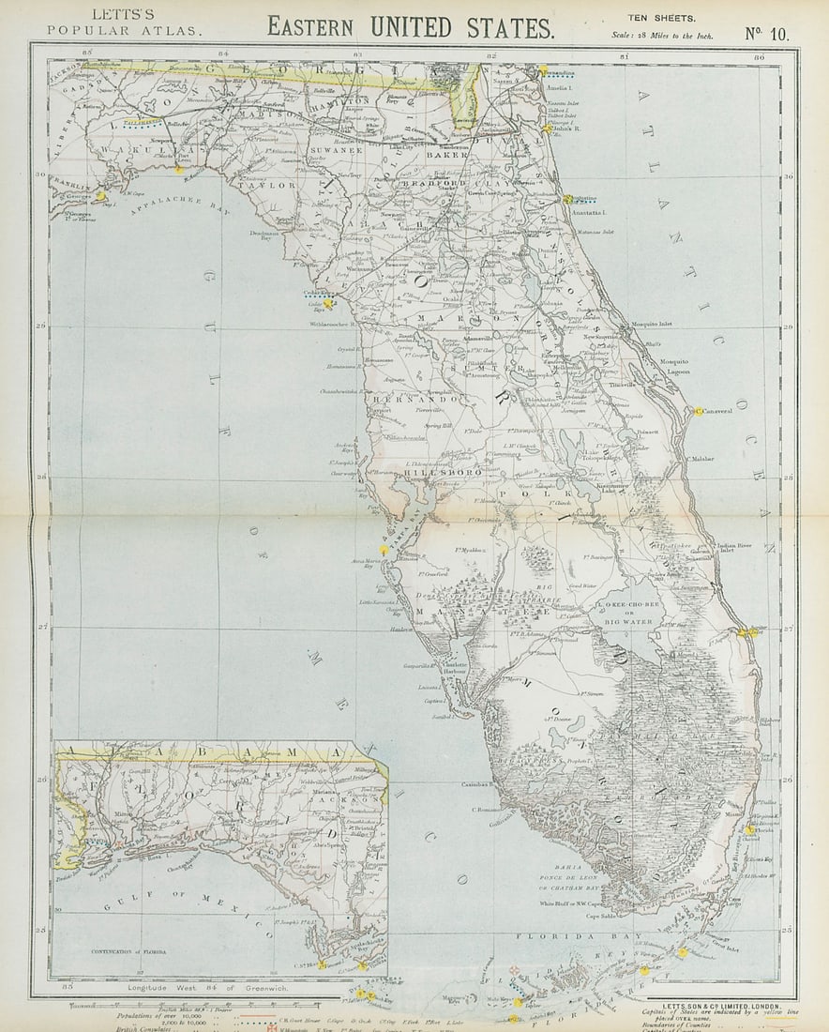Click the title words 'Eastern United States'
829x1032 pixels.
point(410,26)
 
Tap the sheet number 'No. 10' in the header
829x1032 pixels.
point(766,34)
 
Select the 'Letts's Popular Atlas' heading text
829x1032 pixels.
point(124,23)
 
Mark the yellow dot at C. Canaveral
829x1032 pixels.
point(699,411)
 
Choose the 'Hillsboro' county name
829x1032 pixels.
point(444,473)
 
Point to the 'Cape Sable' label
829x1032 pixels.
point(606,917)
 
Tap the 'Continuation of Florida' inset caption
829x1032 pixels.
point(130,951)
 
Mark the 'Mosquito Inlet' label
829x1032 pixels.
point(652,324)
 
